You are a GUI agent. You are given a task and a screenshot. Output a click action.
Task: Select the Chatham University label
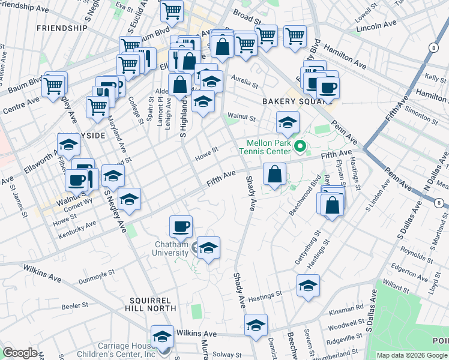[163, 249]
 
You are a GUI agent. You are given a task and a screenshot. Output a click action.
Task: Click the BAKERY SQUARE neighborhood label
[289, 102]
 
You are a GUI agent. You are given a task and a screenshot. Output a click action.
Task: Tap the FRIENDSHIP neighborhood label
[62, 28]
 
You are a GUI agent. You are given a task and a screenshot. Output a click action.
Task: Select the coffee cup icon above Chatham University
[181, 227]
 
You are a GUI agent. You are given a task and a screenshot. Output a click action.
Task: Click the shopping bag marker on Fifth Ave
[274, 175]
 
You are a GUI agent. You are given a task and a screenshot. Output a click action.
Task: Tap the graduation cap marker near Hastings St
[308, 286]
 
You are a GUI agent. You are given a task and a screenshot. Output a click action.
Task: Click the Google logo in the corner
[20, 353]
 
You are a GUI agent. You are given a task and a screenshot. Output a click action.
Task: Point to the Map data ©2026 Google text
[412, 355]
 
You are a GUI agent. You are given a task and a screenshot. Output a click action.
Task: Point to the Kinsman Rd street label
[351, 307]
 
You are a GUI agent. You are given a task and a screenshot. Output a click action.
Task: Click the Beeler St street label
[75, 306]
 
